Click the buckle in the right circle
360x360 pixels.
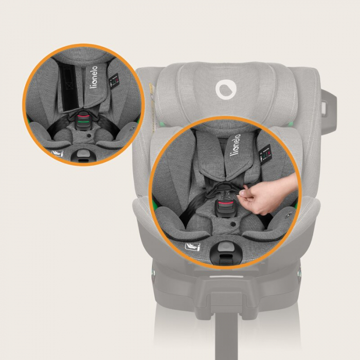(x=225, y=209)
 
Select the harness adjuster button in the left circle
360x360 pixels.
(x=82, y=153)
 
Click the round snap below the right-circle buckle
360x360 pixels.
(x=232, y=225)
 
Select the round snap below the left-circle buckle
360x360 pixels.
(x=88, y=136)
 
